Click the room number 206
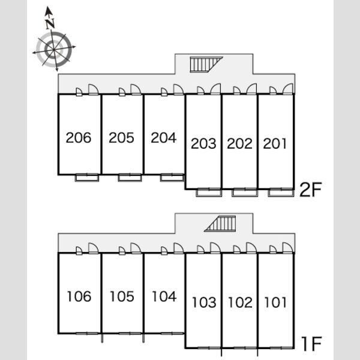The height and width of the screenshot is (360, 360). click(x=79, y=138)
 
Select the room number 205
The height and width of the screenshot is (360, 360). click(x=121, y=138)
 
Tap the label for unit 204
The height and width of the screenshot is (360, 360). click(x=164, y=138)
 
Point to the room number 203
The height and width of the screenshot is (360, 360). click(x=203, y=143)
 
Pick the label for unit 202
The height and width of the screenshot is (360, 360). click(x=239, y=143)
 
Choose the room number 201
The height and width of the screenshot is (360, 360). click(x=275, y=143)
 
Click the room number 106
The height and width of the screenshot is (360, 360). click(x=79, y=296)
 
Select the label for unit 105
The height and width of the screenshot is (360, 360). click(x=122, y=296)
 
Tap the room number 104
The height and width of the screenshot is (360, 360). click(x=164, y=296)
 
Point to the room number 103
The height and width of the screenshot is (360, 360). click(x=205, y=302)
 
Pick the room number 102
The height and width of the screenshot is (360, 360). click(x=241, y=302)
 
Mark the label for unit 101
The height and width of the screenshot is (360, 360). click(x=275, y=302)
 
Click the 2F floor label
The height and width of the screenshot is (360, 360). click(x=311, y=190)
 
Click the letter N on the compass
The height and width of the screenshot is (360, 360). click(x=50, y=23)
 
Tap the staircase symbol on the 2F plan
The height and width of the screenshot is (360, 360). click(x=206, y=65)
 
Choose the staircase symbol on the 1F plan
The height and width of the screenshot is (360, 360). click(x=220, y=224)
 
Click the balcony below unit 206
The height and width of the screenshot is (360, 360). click(x=87, y=178)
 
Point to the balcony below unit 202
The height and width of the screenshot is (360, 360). click(x=245, y=193)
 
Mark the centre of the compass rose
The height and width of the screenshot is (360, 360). click(x=54, y=49)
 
